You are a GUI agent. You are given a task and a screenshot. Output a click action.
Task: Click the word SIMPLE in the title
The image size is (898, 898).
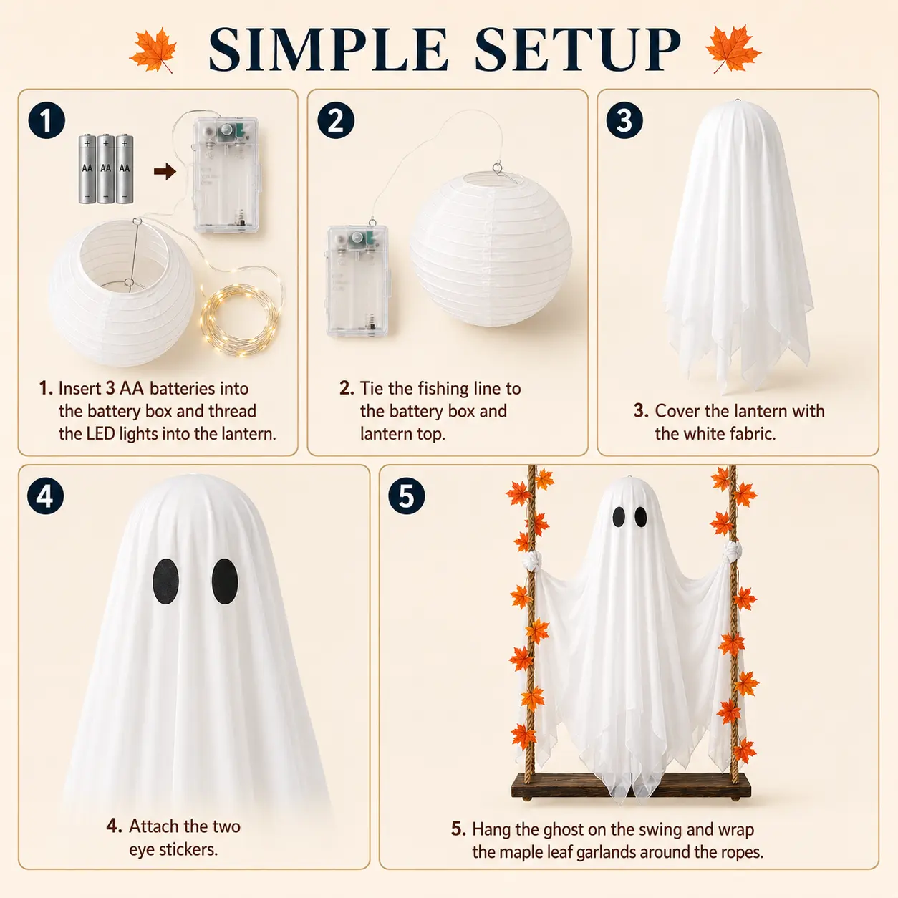pyautogui.click(x=329, y=49)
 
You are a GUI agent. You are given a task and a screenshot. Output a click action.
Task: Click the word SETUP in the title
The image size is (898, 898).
pyautogui.click(x=577, y=49)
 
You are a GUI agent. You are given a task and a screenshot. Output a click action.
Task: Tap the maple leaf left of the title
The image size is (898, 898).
pyautogui.click(x=153, y=50)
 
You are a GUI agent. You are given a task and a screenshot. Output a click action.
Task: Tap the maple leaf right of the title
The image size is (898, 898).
pyautogui.click(x=733, y=49)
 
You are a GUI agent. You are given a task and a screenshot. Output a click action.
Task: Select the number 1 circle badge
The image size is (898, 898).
pyautogui.click(x=47, y=121)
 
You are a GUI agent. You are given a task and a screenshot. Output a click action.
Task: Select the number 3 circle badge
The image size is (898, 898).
pyautogui.click(x=624, y=121)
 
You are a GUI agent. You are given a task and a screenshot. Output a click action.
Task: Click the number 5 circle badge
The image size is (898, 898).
pyautogui.click(x=406, y=496)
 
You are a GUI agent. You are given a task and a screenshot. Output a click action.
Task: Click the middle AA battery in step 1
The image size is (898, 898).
pyautogui.click(x=106, y=169)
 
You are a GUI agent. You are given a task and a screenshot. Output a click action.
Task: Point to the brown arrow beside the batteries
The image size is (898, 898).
pyautogui.click(x=165, y=171)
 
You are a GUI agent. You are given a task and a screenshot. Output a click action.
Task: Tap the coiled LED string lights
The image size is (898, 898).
pyautogui.click(x=241, y=321)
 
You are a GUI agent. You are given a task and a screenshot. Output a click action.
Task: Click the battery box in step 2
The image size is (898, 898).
pyautogui.click(x=357, y=281)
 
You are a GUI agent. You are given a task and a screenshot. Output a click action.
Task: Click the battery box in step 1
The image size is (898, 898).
pyautogui.click(x=226, y=175)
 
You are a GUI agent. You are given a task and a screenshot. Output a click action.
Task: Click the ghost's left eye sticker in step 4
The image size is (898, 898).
pyautogui.click(x=165, y=581)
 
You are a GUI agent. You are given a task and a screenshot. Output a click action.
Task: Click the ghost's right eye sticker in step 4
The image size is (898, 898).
pyautogui.click(x=225, y=581)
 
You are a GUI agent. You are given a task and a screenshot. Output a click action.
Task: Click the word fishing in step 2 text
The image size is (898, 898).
pyautogui.click(x=443, y=389)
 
